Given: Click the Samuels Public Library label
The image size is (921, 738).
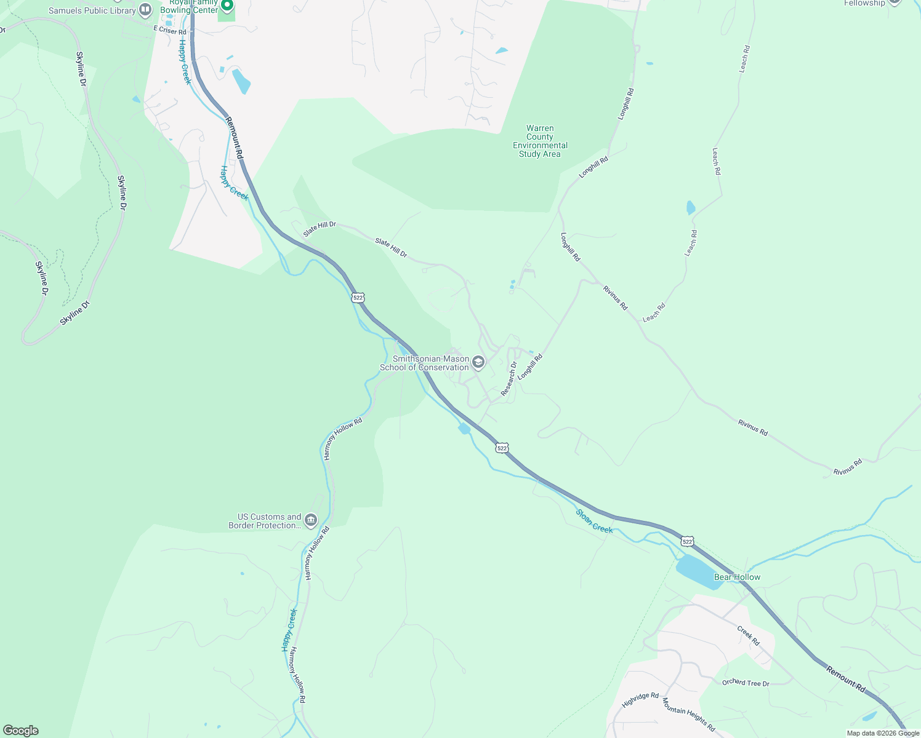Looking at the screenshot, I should tap(92, 10).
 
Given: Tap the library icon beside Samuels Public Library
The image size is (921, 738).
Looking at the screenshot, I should tap(145, 10).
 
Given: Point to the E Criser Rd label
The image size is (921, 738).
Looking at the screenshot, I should tap(170, 31).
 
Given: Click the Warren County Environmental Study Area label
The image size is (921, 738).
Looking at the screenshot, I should tap(540, 141).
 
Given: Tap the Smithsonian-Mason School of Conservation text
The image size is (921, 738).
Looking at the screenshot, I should tap(424, 363).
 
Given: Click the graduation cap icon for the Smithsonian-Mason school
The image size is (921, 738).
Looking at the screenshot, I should tap(478, 362).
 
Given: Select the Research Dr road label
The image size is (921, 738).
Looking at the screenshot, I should tap(509, 378).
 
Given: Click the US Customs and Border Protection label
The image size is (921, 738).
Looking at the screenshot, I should tap(265, 521).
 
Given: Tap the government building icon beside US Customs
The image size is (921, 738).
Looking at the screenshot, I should tap(311, 521).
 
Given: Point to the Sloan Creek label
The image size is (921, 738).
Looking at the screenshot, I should tap(594, 520).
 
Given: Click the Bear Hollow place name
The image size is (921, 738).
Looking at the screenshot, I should tap(737, 577).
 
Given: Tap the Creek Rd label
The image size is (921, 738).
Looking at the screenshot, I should tap(748, 635).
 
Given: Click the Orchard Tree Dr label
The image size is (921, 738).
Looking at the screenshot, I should tap(746, 683).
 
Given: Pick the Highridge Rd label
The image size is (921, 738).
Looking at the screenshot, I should tap(640, 700).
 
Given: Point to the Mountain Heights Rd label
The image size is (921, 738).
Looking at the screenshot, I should tap(688, 714).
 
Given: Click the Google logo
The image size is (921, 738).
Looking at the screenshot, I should tap(21, 731).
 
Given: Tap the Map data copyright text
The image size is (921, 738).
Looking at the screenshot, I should tap(883, 733).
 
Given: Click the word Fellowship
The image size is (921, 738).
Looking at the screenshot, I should tap(864, 3).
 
